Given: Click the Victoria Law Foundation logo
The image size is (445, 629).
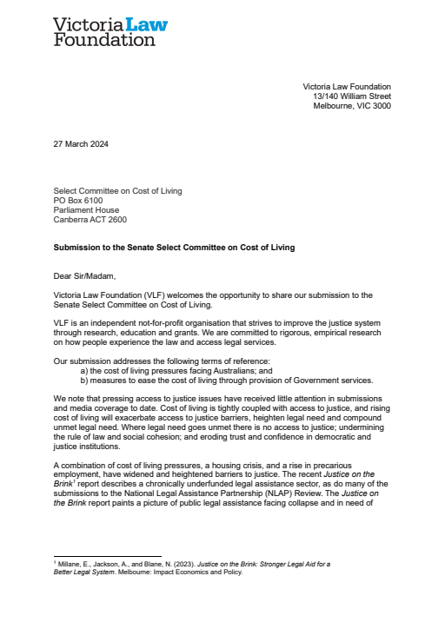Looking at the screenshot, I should [110, 30].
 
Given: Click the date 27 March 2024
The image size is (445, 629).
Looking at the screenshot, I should [82, 144].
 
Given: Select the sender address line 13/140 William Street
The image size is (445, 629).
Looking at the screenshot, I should [352, 96].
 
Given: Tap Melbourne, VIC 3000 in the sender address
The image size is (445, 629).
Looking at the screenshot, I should [352, 106].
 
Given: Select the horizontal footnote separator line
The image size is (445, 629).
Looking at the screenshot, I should [107, 556].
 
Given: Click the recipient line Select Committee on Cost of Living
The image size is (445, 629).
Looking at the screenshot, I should [118, 190].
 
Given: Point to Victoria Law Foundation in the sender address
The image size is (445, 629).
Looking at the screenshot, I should [346, 87].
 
